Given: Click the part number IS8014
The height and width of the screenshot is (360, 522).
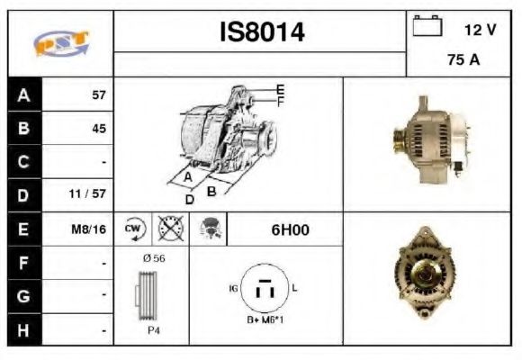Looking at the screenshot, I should coord(262,33).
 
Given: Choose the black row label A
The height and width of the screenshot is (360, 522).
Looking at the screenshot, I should coord(22,94).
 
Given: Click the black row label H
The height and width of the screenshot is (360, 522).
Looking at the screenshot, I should coord(22,330).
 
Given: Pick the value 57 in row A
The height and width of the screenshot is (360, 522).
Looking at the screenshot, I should coord(98,94).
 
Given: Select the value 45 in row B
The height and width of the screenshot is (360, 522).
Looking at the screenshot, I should coord(98,128).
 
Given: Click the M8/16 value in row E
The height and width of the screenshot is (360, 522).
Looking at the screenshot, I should coord(89,229).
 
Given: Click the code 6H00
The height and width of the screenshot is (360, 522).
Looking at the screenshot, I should coord(290,229).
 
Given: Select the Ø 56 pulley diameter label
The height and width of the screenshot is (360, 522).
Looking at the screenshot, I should coord(153,258).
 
